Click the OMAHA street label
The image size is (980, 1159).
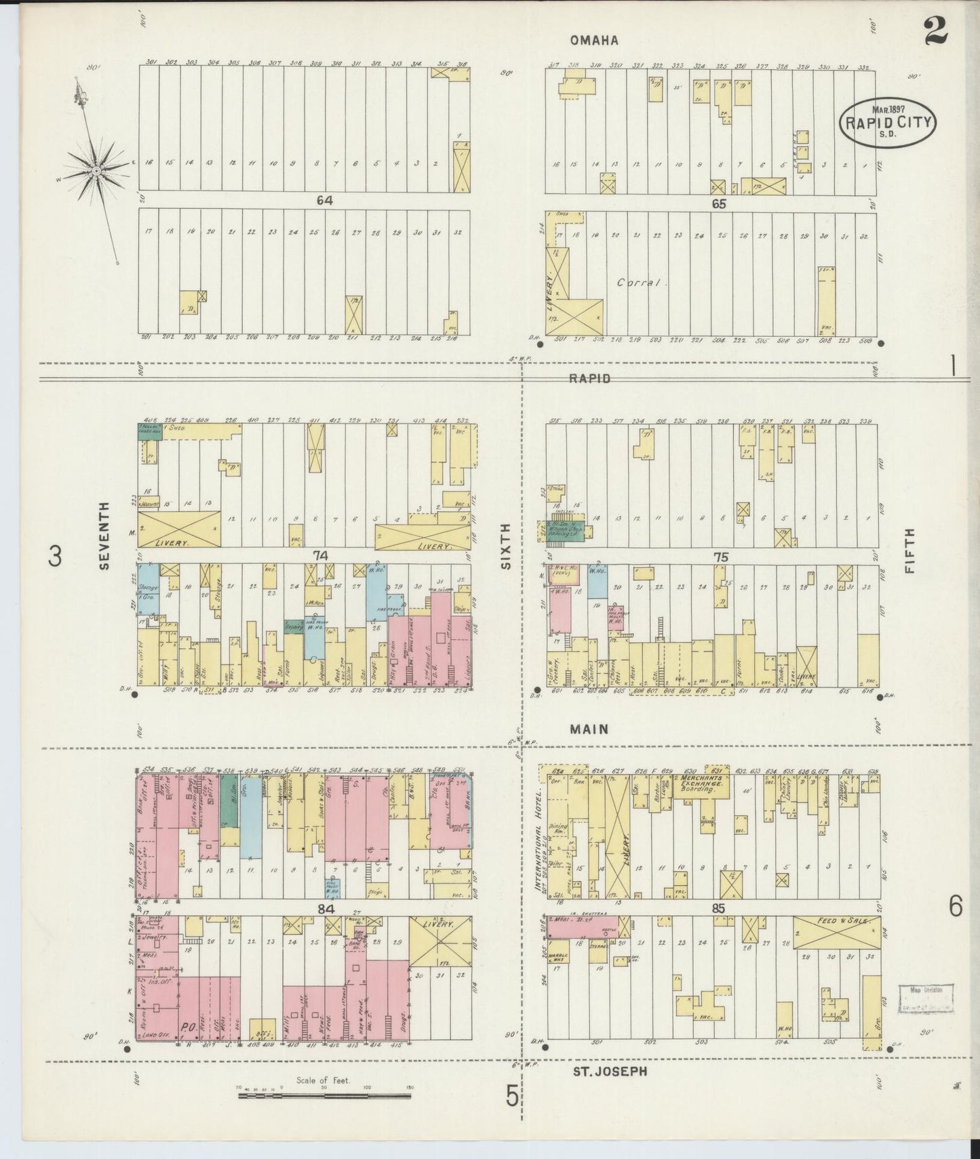coord(594,41)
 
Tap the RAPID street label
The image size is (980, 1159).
coord(589,378)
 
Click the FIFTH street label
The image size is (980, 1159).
coord(909,551)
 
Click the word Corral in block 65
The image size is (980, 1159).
coord(639,282)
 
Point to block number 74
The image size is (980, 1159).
coord(321,556)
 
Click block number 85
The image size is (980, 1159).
coord(718,908)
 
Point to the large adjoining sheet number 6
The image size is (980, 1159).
coord(955,906)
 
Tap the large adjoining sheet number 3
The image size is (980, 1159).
coord(55,556)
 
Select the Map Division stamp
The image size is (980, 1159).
coord(927,1000)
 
